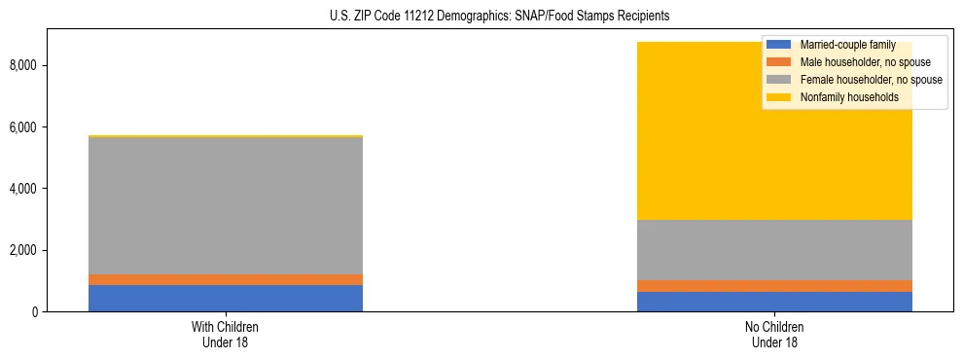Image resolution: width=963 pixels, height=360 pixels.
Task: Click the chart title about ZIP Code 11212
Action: click(x=481, y=17)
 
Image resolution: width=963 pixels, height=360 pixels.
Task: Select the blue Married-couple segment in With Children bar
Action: click(x=226, y=298)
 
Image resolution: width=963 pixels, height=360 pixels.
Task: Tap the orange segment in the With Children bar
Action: click(x=226, y=280)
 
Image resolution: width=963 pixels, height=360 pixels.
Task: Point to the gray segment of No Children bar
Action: click(x=774, y=250)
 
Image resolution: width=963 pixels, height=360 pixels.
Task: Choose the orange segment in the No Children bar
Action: click(x=774, y=286)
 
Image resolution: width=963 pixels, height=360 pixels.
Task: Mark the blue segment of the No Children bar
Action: click(x=774, y=302)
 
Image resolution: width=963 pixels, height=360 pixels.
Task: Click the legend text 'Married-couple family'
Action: click(x=847, y=45)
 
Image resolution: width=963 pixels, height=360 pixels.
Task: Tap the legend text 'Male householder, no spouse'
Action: click(x=863, y=62)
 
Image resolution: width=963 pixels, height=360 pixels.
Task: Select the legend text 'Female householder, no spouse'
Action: click(x=871, y=80)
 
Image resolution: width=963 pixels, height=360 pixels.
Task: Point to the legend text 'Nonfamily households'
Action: click(x=849, y=97)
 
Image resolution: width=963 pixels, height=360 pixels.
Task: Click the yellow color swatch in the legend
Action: click(x=780, y=97)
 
